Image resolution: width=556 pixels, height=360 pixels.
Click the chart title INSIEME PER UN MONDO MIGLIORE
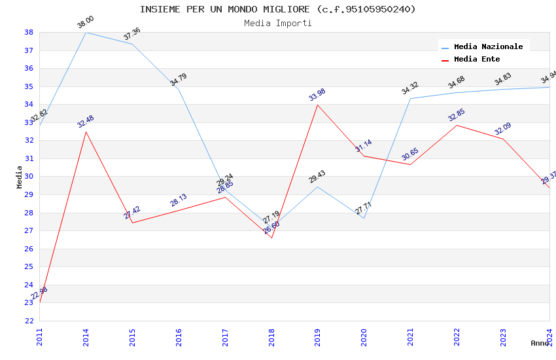(277, 9)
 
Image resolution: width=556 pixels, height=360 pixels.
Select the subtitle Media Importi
(277, 23)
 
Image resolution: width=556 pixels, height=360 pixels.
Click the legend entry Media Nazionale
(488, 46)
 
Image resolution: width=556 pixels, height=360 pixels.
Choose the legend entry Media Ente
(477, 59)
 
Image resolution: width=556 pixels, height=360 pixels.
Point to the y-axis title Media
(20, 177)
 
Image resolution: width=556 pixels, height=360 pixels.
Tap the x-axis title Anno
(540, 343)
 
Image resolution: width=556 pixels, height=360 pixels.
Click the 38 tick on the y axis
(29, 32)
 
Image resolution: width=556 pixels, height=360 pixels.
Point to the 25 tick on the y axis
(29, 266)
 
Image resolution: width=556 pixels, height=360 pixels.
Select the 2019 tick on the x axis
(318, 336)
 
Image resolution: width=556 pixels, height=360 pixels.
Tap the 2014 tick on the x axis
(86, 336)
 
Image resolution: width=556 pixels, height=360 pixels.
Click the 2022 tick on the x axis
(457, 336)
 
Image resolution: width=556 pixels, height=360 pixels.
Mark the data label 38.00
(86, 23)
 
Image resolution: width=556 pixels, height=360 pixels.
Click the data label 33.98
(317, 95)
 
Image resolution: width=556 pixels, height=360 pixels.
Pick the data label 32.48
(86, 122)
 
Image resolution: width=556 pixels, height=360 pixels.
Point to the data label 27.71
(364, 208)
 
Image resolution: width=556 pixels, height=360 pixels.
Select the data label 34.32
(410, 88)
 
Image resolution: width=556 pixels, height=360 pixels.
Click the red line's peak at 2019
(318, 105)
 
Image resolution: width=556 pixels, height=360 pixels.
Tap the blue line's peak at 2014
(86, 32)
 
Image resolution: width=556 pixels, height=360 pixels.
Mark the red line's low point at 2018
(271, 238)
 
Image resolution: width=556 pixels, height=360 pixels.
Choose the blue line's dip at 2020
(364, 217)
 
